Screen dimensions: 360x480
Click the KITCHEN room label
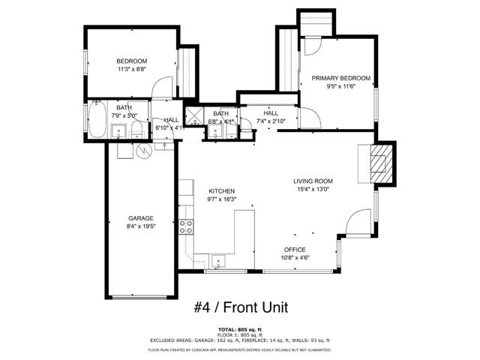tap(222, 191)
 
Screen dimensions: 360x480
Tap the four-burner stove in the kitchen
tap(186, 227)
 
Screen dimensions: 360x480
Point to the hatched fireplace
tap(381, 163)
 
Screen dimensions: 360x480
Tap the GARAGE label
tap(140, 218)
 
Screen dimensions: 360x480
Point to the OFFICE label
tap(294, 249)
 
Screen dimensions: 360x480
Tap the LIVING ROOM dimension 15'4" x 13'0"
tap(313, 189)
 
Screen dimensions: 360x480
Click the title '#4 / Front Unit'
tap(241, 307)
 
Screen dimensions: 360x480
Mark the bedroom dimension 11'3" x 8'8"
tap(131, 69)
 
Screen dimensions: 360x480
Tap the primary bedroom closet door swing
tap(313, 44)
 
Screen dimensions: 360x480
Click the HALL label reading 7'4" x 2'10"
tap(270, 121)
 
